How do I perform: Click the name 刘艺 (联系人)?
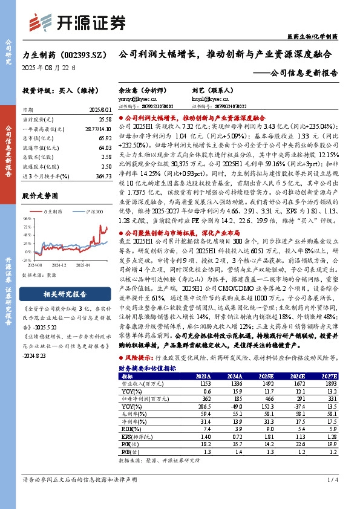click(205, 88)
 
